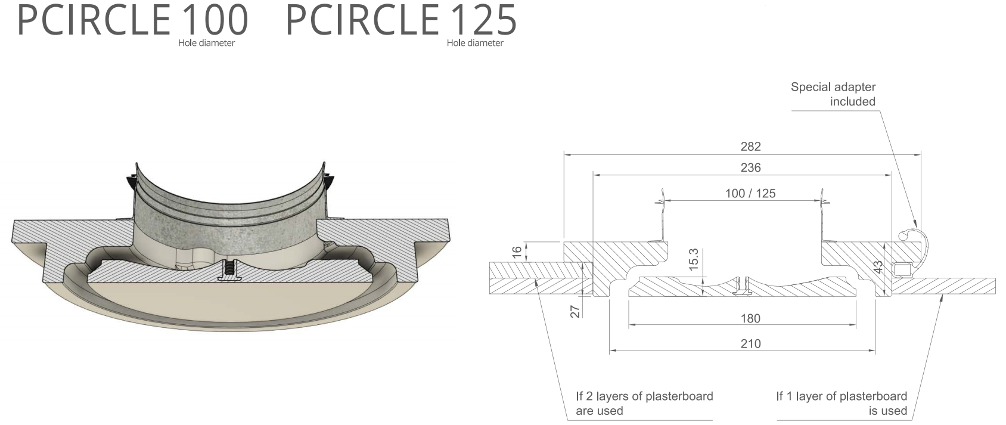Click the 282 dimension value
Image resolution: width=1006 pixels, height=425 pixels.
point(750,147)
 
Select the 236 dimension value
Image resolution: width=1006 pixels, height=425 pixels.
point(750,167)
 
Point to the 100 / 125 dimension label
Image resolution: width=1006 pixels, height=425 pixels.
point(750,193)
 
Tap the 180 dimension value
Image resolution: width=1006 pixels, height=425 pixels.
point(750,318)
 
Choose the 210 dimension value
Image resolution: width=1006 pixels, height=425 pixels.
point(750,344)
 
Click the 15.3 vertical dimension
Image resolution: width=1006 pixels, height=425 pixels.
point(694,260)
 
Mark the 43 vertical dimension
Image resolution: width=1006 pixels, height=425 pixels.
point(878,267)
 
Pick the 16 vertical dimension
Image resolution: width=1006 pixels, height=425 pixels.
point(517,252)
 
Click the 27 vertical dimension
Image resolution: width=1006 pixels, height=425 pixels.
point(575,311)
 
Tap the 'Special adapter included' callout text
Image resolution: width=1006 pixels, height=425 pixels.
point(833,94)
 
